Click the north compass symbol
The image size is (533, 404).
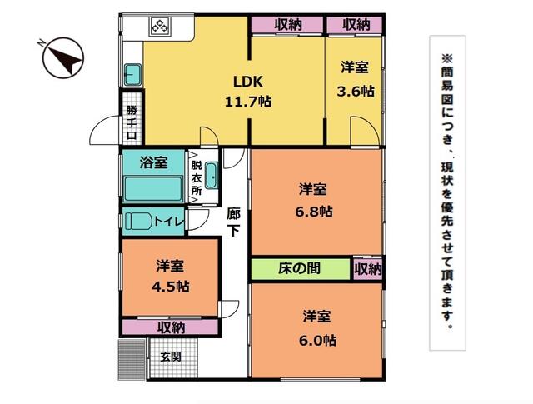[x=63, y=57]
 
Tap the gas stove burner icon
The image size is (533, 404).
[x=160, y=27]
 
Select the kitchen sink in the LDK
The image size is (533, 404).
[x=132, y=74]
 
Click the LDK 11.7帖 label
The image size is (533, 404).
[x=248, y=92]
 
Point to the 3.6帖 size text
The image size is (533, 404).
[x=356, y=92]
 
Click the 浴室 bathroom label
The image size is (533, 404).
[x=153, y=162]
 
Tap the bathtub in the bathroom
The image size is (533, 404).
[x=153, y=189]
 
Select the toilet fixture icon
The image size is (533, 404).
[x=138, y=222]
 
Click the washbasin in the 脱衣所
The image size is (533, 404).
[x=212, y=176]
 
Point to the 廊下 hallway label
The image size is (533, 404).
[x=233, y=222]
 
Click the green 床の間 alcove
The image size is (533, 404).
[x=301, y=269]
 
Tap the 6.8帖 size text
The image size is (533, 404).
[x=314, y=212]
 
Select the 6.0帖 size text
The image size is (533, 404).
[x=318, y=340]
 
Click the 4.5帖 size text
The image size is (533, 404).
[x=170, y=287]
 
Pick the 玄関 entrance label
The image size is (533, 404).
[x=171, y=357]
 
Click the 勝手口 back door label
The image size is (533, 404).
[x=132, y=122]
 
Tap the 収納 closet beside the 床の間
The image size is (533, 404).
[x=368, y=269]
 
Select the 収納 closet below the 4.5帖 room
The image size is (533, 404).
[x=170, y=327]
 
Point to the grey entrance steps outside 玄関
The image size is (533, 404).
[x=132, y=359]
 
